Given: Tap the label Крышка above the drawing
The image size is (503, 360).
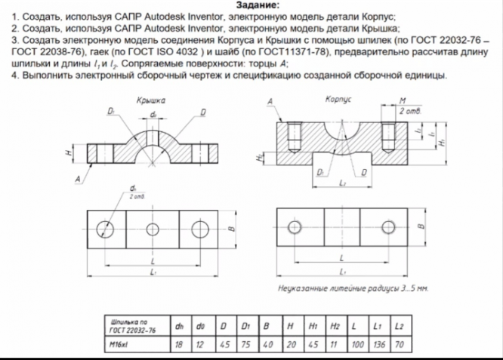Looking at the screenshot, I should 151,100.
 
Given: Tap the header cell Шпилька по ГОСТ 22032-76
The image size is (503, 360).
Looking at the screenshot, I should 132,328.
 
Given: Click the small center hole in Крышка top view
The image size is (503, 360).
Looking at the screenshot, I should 153,229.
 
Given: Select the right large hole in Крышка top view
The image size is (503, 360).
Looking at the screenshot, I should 199,229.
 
